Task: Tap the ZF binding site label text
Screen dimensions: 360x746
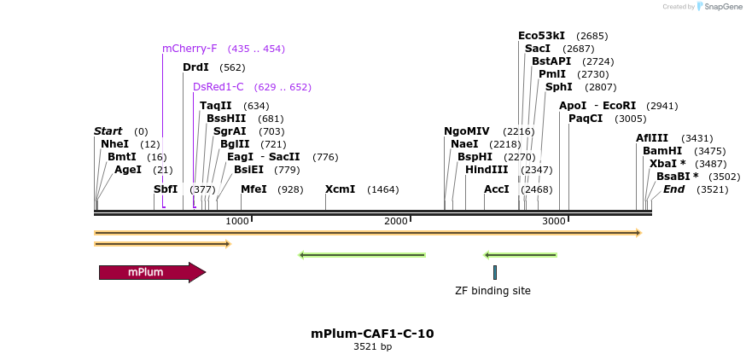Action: [x=492, y=291]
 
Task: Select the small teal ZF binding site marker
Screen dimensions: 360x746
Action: [x=494, y=272]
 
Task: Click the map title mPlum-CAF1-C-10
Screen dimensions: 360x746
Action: [x=372, y=334]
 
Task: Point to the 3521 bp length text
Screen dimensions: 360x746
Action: [x=372, y=347]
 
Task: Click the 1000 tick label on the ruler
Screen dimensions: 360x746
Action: [x=237, y=222]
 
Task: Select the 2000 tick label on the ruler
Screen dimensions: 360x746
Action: [x=396, y=222]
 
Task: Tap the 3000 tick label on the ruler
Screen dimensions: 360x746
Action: [x=554, y=222]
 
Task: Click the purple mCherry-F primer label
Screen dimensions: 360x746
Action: [x=189, y=49]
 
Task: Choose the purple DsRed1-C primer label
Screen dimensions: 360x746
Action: [x=219, y=87]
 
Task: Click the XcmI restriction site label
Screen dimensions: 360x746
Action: [x=340, y=189]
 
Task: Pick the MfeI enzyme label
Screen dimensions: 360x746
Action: [x=254, y=189]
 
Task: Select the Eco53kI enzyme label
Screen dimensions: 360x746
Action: [x=541, y=36]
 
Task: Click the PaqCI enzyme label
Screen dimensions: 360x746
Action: [x=586, y=119]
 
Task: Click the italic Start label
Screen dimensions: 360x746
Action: [x=108, y=131]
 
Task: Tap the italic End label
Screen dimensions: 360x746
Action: [x=673, y=189]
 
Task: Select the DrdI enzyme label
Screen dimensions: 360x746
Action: [x=195, y=67]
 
